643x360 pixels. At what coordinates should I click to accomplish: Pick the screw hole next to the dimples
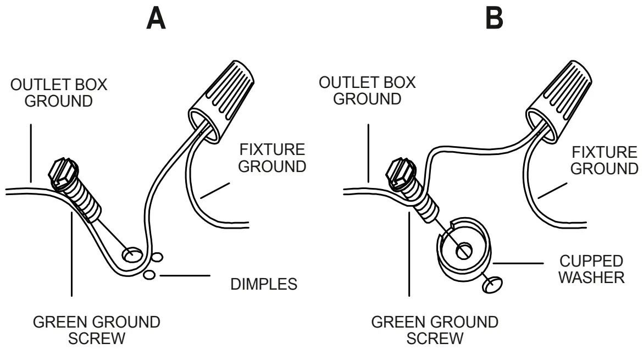[132, 254]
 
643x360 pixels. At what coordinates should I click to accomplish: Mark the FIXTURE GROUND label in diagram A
[273, 158]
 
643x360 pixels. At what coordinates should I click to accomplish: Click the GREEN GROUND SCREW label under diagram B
[435, 329]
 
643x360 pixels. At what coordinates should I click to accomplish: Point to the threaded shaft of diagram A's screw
[87, 201]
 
